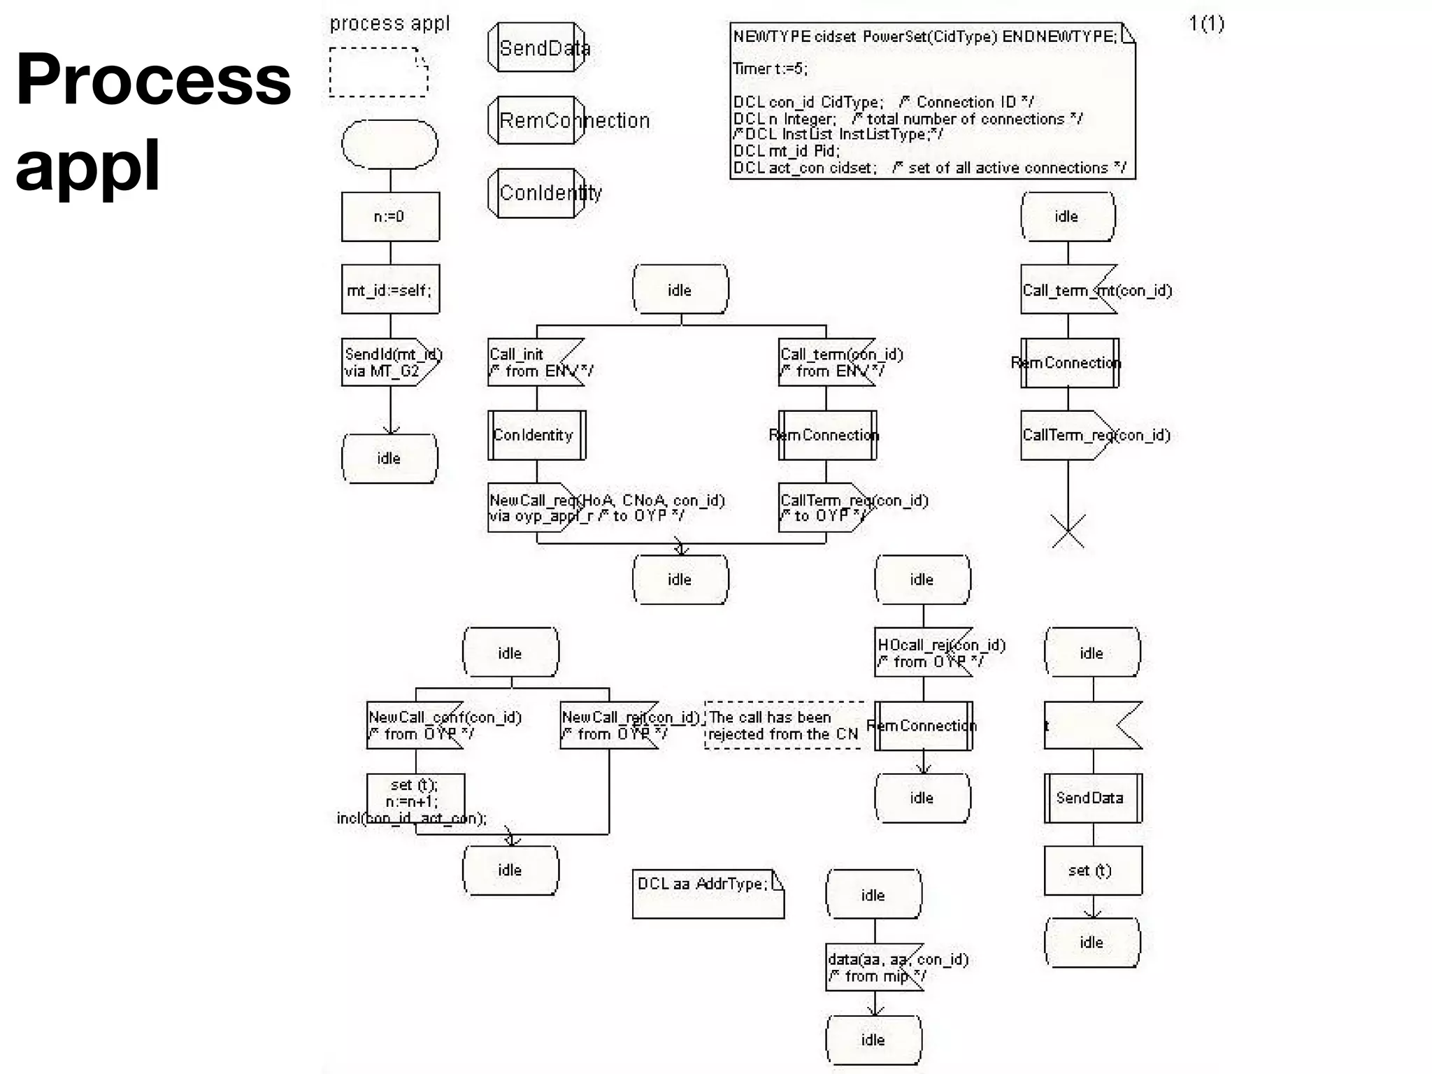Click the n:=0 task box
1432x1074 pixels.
click(390, 217)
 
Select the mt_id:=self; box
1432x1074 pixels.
click(390, 289)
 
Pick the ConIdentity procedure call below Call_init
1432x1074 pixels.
click(536, 435)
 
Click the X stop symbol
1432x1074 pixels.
click(1068, 531)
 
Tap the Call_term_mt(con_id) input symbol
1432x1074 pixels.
click(1067, 289)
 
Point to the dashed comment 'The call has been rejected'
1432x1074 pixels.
click(784, 725)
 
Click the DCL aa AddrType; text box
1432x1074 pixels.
click(708, 893)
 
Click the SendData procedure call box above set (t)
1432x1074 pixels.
click(1092, 798)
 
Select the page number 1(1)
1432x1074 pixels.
click(1206, 24)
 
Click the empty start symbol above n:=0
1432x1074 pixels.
click(389, 144)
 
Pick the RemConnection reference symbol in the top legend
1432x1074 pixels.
click(536, 120)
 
